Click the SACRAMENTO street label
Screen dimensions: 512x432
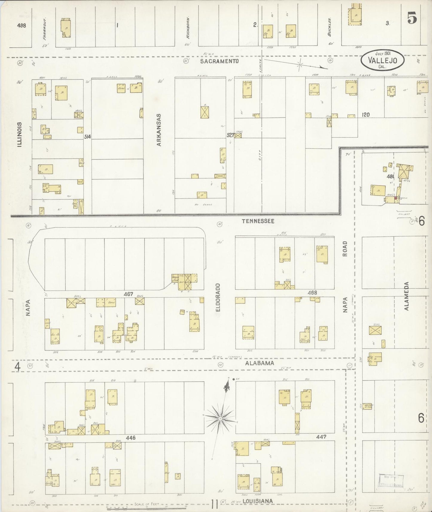coord(219,61)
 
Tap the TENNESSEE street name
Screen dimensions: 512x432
coord(258,221)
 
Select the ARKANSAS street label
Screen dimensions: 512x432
coord(159,130)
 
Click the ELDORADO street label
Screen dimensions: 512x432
coord(218,298)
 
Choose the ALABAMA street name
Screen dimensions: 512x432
coord(259,363)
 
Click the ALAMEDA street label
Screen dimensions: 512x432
coord(407,296)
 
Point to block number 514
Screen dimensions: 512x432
coord(87,137)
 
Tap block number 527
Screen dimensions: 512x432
coord(230,135)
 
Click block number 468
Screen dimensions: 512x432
coord(312,293)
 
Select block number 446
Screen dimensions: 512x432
coord(131,438)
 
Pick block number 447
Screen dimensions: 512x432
coord(321,437)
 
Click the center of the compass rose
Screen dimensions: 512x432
coord(220,419)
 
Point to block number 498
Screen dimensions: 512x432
coord(22,25)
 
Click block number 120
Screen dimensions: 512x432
coord(365,114)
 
